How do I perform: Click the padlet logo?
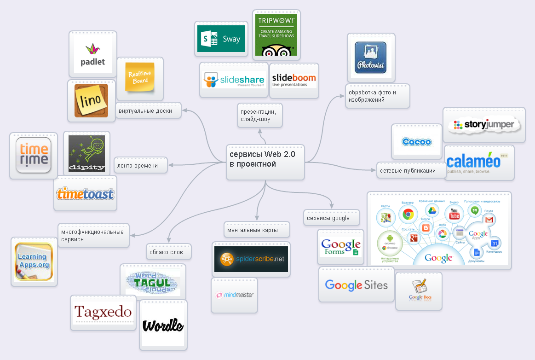coord(93,54)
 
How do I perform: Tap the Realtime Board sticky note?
coord(140,78)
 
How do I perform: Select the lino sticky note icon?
coord(91,100)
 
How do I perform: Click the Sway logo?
coord(221,39)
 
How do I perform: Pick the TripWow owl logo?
coord(276,35)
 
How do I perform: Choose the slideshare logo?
coord(233,80)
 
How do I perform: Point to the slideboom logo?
coord(293,80)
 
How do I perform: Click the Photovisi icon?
coord(371,58)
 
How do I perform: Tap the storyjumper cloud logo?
coord(484,125)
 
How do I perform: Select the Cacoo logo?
coord(416,142)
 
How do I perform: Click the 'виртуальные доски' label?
coord(148,111)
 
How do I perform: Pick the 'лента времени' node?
coord(140,166)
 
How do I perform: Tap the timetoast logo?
coord(85,194)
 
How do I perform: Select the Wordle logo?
coord(163,326)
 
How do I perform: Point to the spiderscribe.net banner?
coord(251,259)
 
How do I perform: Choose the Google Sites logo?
coord(356,285)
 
